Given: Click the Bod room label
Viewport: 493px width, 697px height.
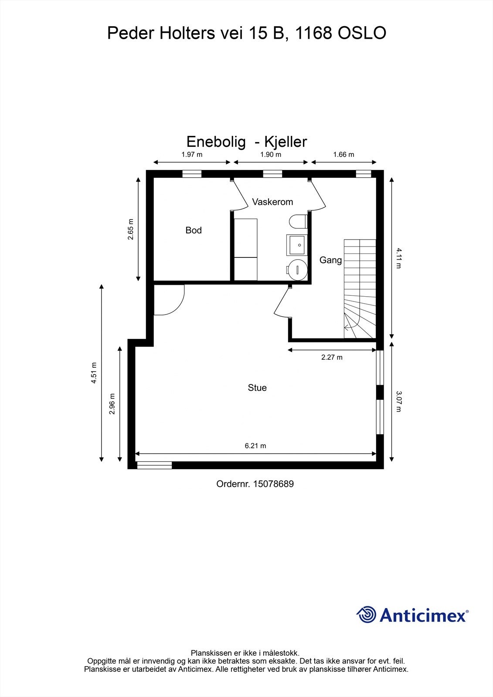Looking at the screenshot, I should [x=194, y=230].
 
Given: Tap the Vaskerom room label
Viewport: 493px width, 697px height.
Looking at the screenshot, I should [x=272, y=202].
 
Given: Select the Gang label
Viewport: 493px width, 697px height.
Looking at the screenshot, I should [x=330, y=260].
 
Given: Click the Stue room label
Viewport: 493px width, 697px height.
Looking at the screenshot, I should [x=257, y=388].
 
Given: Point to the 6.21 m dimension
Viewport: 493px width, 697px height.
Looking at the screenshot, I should [x=255, y=446].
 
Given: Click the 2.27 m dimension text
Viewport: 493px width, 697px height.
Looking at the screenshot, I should [x=332, y=358].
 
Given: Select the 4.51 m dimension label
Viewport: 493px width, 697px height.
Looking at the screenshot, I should [x=94, y=373].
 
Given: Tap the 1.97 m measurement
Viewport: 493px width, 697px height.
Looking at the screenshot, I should [x=192, y=155].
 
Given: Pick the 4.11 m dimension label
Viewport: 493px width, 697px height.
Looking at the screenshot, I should [x=398, y=258].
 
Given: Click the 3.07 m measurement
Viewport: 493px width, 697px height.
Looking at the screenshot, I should [x=398, y=401].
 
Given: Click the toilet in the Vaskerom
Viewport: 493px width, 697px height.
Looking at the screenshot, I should [x=298, y=221].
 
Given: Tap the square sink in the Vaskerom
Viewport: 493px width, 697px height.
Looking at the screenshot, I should [x=296, y=245].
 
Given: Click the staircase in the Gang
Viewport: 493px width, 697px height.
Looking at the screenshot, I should [x=360, y=288].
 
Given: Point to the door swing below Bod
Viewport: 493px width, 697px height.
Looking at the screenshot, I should [x=170, y=301].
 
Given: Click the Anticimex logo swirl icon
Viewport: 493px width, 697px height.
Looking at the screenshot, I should [x=367, y=615].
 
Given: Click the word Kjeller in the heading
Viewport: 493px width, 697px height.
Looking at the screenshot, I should [x=286, y=142].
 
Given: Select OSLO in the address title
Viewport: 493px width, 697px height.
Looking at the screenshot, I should [x=362, y=33].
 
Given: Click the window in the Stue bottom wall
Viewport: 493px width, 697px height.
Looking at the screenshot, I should [x=154, y=465].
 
